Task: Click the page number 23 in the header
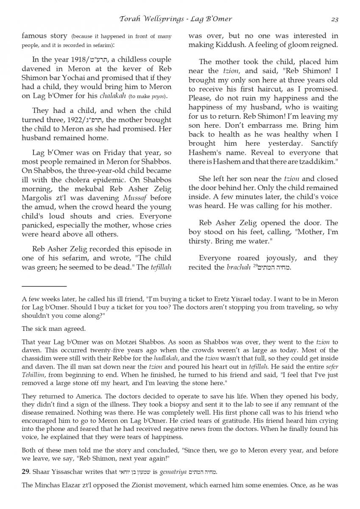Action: [x=334, y=19]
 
